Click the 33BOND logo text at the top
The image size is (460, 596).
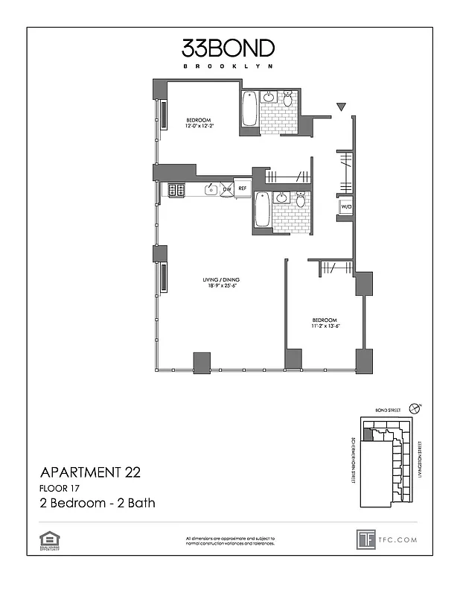229,48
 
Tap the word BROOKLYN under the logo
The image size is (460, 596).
229,66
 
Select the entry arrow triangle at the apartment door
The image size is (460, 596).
341,108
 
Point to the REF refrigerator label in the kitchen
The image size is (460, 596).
242,189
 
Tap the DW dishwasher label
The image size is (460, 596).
226,189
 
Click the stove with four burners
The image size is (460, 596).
176,190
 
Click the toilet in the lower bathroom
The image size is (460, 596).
300,200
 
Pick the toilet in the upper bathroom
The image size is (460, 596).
288,99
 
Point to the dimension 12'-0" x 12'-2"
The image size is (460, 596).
199,126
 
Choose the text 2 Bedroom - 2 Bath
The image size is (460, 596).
97,503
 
